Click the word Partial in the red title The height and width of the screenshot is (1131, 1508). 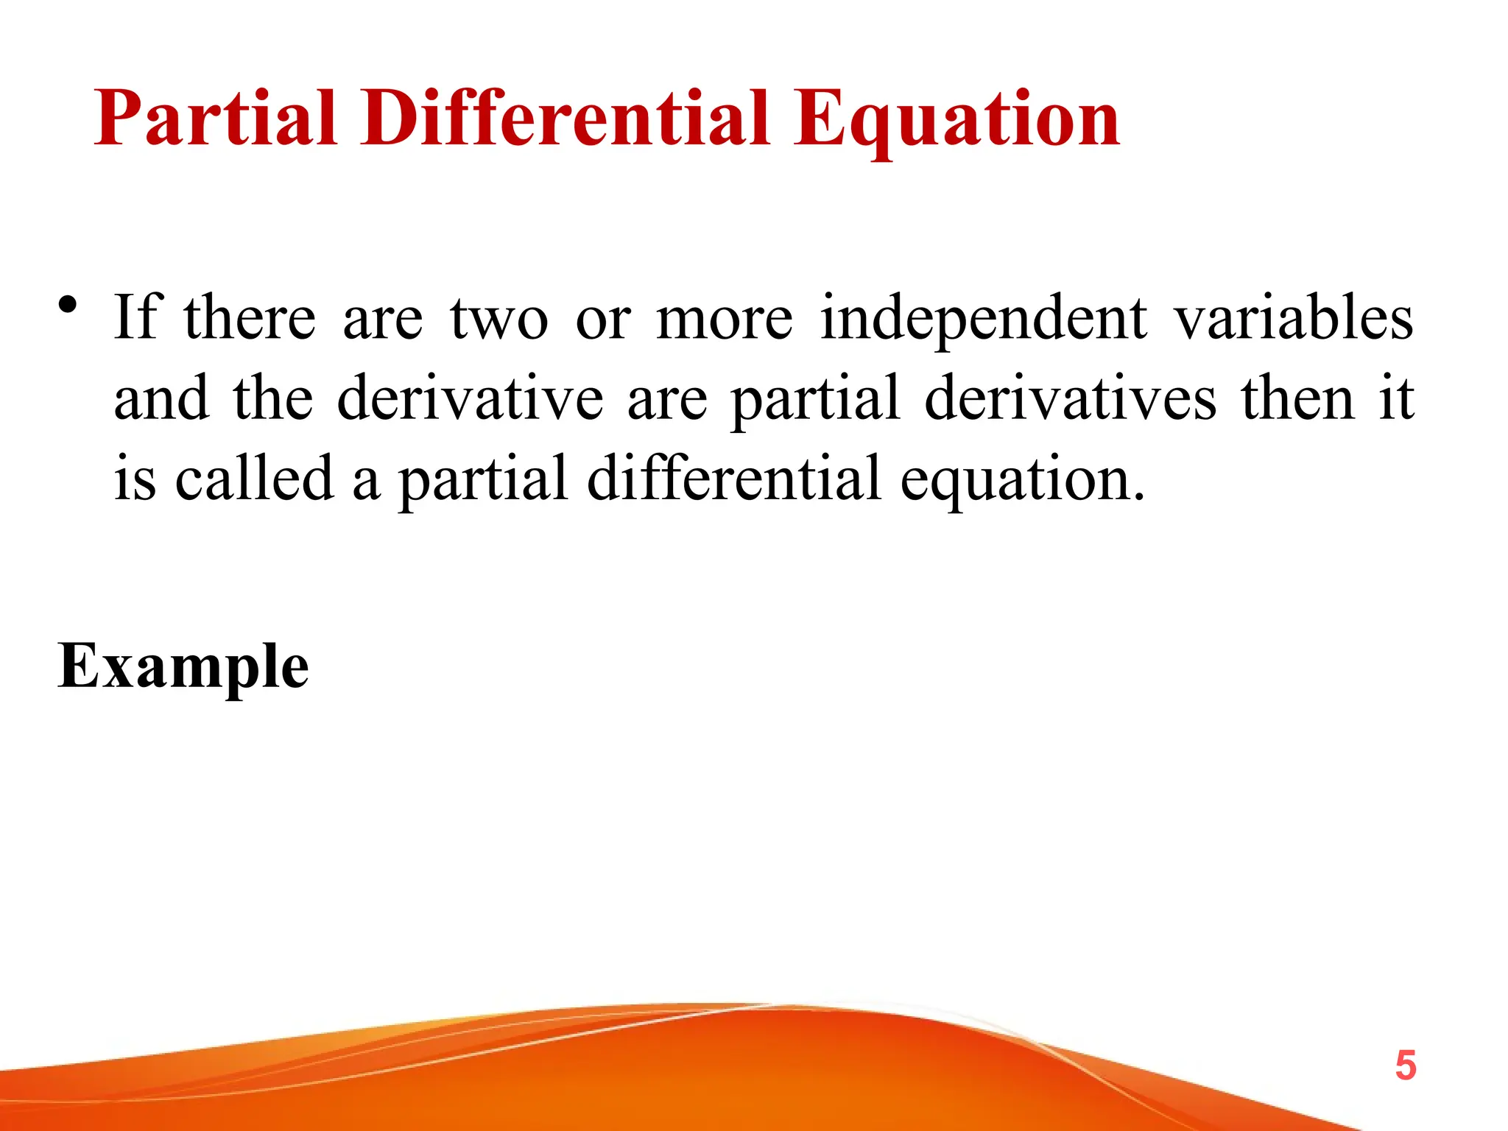216,118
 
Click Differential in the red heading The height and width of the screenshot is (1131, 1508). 565,118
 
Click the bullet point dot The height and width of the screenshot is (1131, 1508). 68,304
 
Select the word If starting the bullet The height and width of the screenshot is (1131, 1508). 136,317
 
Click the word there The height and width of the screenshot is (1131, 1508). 250,317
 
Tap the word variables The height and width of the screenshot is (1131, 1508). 1293,317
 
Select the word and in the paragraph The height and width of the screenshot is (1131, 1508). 161,398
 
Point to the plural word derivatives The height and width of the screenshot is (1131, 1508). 1070,398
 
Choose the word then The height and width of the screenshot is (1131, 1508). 1297,398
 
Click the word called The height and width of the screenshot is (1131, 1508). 254,478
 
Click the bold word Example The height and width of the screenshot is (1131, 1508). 183,667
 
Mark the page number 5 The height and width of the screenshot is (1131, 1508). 1406,1065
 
